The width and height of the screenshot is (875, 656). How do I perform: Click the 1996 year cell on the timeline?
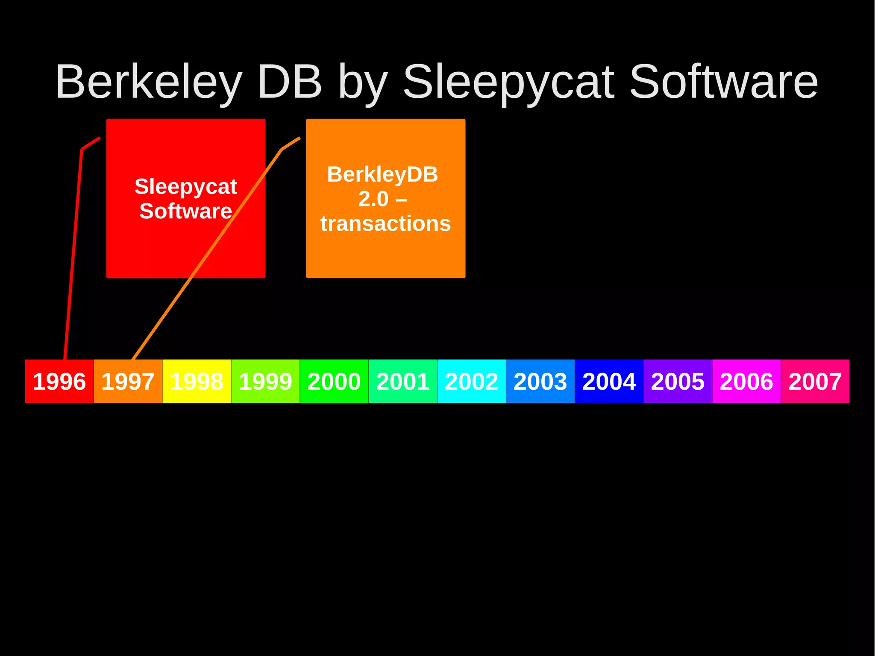(x=59, y=381)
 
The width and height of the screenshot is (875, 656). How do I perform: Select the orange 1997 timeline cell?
(x=128, y=381)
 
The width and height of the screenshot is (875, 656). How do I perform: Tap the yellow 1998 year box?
(x=197, y=381)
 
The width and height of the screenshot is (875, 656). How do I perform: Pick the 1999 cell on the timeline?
(x=265, y=381)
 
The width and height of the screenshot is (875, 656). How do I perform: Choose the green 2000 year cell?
(x=334, y=381)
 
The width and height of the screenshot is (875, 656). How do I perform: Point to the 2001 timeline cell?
(x=403, y=381)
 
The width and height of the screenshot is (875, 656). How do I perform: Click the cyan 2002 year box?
(x=472, y=381)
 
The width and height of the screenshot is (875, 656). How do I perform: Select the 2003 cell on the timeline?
(x=540, y=381)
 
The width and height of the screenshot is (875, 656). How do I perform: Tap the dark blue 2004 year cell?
(x=609, y=381)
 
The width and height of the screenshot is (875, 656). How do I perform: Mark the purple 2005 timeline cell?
(x=678, y=381)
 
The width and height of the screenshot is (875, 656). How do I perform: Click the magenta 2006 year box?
(x=747, y=381)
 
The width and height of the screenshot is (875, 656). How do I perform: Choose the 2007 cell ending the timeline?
(x=815, y=381)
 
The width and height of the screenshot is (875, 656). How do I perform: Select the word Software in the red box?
(x=185, y=211)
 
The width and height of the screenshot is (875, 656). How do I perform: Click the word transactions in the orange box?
(x=385, y=224)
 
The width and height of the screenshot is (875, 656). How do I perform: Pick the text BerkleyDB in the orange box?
(x=382, y=174)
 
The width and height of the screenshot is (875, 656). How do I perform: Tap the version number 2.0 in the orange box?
(x=373, y=199)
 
